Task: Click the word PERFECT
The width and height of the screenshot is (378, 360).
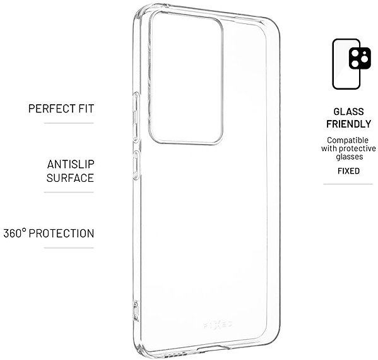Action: pyautogui.click(x=52, y=109)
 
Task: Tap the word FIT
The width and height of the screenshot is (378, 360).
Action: pyautogui.click(x=86, y=109)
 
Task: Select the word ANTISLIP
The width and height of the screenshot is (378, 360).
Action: pyautogui.click(x=71, y=164)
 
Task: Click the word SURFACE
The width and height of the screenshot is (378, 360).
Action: pyautogui.click(x=70, y=178)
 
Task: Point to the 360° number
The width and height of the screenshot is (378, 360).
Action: pyautogui.click(x=15, y=233)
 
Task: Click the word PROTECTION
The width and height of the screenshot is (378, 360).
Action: pyautogui.click(x=61, y=233)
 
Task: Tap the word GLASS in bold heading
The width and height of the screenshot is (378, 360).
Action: pyautogui.click(x=348, y=112)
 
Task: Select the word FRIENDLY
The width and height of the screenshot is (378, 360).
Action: pyautogui.click(x=348, y=124)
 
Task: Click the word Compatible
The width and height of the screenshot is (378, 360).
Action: pyautogui.click(x=348, y=140)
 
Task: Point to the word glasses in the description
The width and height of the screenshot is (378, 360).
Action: pyautogui.click(x=350, y=157)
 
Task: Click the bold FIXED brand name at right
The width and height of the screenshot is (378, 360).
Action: pyautogui.click(x=348, y=171)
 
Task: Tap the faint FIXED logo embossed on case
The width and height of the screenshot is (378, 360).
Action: pyautogui.click(x=218, y=325)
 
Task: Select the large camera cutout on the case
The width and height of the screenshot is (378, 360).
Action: pyautogui.click(x=186, y=78)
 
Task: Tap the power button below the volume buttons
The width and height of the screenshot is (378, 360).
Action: pyautogui.click(x=136, y=165)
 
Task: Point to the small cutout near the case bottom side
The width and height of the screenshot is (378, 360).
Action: pyautogui.click(x=136, y=311)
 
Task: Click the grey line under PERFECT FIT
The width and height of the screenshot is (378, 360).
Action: pyautogui.click(x=69, y=123)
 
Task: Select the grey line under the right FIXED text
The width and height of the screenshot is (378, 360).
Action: pyautogui.click(x=348, y=184)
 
